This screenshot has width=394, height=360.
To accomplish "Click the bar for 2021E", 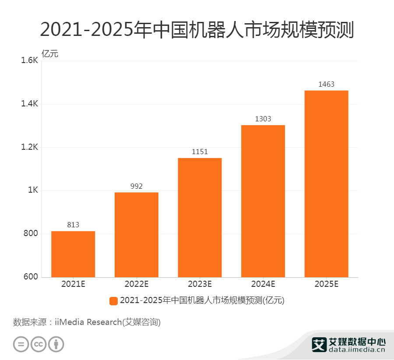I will point(73,254).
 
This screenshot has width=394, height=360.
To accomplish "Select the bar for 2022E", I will point(137,235).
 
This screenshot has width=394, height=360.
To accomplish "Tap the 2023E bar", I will point(200,218).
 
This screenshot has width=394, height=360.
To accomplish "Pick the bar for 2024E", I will point(263,201).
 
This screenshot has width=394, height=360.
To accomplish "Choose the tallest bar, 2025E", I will point(326,184).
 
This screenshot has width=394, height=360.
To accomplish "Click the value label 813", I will point(73,225).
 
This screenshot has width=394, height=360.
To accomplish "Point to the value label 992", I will point(137,186).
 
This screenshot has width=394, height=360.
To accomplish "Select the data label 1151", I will point(200,152).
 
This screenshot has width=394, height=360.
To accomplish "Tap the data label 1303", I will point(263,119).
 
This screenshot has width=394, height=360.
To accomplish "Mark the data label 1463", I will point(326,84).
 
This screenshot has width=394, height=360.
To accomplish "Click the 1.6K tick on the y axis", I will point(30,61).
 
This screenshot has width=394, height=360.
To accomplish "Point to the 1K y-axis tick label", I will point(33,191).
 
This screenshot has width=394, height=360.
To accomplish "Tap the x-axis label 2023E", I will point(200,284).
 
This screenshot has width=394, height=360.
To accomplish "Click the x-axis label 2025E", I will point(326,284).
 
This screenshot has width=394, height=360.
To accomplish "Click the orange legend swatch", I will point(113,300).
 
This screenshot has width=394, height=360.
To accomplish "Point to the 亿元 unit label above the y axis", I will point(49,54).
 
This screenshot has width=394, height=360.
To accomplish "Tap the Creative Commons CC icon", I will point(39,344).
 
